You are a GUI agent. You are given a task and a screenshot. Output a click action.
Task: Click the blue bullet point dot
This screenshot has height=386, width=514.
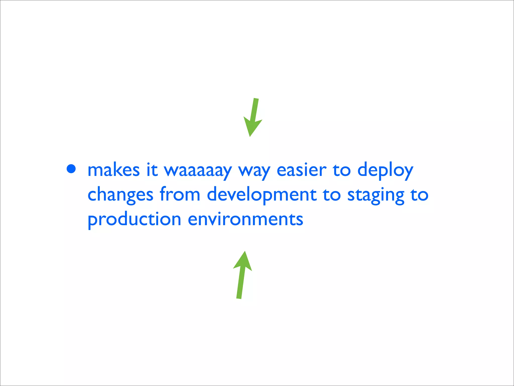coord(71,169)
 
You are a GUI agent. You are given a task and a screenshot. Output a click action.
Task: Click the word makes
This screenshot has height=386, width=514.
coord(113,170)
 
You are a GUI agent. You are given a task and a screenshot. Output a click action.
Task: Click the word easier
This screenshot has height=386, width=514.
coord(301,170)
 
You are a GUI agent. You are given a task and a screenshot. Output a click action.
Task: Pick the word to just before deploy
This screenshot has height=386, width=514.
coord(342,170)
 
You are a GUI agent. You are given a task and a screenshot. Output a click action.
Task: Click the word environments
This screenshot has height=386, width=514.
coord(245,219)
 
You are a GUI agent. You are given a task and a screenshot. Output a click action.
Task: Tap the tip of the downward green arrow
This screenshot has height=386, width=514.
coord(250,136)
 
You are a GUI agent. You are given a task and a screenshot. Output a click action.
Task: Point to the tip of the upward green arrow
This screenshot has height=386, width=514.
coord(245,251)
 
